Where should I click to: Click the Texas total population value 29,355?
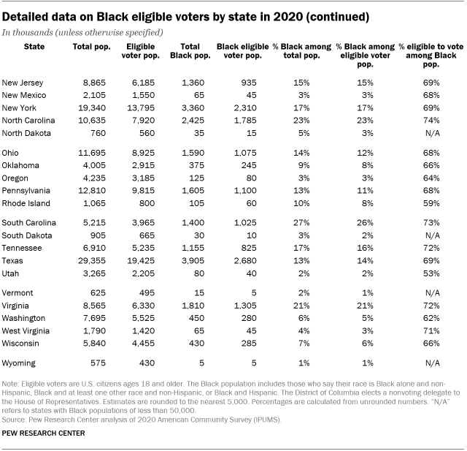coord(92,261)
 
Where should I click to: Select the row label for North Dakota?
coord(26,133)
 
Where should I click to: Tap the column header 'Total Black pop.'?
coord(190,51)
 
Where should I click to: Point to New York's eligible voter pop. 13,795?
coord(141,108)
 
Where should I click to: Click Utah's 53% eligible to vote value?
coord(431,273)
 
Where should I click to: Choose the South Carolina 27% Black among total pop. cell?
coord(301,223)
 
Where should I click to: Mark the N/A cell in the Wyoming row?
coord(433,363)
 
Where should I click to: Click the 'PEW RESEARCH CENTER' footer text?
coord(43,433)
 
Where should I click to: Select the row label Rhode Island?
coord(26,203)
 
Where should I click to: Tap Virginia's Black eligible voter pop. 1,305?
coord(245,306)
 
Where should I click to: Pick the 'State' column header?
coord(34,47)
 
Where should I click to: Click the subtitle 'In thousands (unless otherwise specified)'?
coord(82,32)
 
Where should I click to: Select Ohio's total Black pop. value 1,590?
coord(193,153)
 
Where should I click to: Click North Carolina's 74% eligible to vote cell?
coord(431,121)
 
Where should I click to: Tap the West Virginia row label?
coord(26,331)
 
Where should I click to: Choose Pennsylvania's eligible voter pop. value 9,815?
coord(143,191)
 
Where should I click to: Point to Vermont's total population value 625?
coord(98,293)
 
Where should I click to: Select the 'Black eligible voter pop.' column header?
coord(243,51)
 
